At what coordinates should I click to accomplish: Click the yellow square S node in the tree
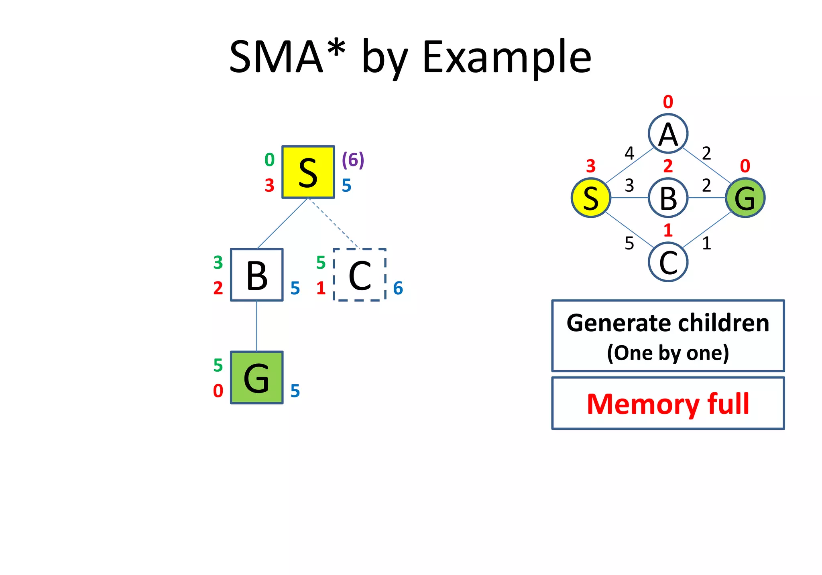pyautogui.click(x=308, y=172)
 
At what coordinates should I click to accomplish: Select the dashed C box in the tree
pyautogui.click(x=360, y=275)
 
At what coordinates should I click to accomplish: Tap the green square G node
pyautogui.click(x=256, y=377)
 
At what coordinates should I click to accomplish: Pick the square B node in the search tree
pyautogui.click(x=256, y=275)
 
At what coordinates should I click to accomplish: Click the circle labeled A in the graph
pyautogui.click(x=668, y=134)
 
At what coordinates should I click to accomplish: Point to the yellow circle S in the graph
pyautogui.click(x=591, y=198)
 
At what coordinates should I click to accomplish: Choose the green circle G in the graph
pyautogui.click(x=745, y=198)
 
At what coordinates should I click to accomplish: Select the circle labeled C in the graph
pyautogui.click(x=668, y=262)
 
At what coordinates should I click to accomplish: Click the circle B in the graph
pyautogui.click(x=668, y=198)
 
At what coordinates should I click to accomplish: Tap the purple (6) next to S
pyautogui.click(x=353, y=160)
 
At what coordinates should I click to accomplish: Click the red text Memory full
pyautogui.click(x=668, y=404)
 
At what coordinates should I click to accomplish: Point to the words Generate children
pyautogui.click(x=668, y=323)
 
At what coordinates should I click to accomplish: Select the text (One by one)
pyautogui.click(x=668, y=353)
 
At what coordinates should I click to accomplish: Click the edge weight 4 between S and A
pyautogui.click(x=629, y=153)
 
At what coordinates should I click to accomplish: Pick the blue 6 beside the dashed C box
pyautogui.click(x=398, y=288)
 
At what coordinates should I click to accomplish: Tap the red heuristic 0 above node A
pyautogui.click(x=668, y=102)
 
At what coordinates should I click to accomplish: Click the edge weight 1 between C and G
pyautogui.click(x=706, y=243)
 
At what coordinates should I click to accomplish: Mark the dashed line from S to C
pyautogui.click(x=333, y=223)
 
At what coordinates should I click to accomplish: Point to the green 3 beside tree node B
pyautogui.click(x=218, y=263)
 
